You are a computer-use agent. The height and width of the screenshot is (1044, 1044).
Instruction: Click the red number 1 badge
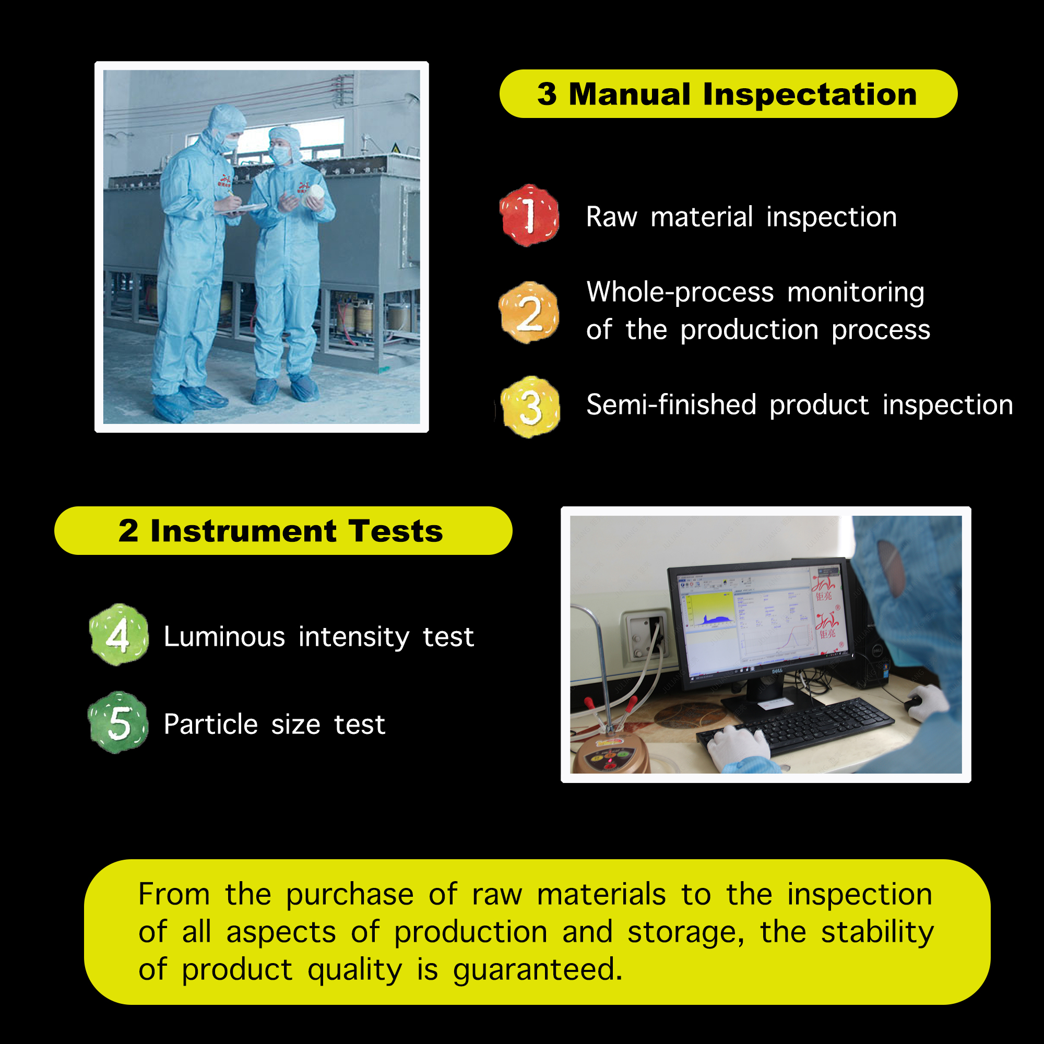(529, 215)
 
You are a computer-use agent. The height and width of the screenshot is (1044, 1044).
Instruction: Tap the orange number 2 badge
(529, 312)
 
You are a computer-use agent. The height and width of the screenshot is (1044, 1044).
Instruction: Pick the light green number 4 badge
(118, 635)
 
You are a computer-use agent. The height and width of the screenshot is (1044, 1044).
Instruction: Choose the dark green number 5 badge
(118, 722)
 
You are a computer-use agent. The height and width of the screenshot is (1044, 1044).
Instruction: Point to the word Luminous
(224, 636)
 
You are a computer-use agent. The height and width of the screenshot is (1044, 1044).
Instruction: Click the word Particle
(211, 724)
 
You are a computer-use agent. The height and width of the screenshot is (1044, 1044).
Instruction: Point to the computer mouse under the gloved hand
(912, 703)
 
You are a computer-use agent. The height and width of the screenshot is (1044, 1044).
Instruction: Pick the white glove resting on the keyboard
(738, 748)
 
